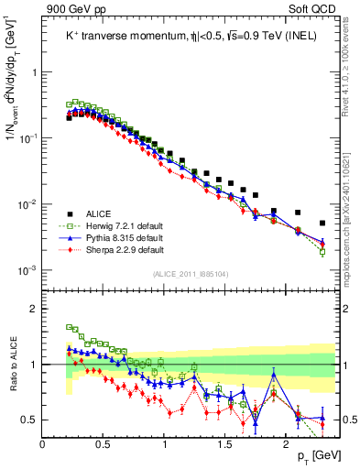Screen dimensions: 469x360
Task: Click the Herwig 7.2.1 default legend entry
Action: [119, 224]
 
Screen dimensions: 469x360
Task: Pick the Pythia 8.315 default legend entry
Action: [119, 236]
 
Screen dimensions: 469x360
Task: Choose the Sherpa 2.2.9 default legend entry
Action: [119, 248]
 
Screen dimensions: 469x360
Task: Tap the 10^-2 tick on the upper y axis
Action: [27, 203]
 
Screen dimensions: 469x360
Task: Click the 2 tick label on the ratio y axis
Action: [34, 309]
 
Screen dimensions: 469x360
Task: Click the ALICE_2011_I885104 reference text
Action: [190, 273]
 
